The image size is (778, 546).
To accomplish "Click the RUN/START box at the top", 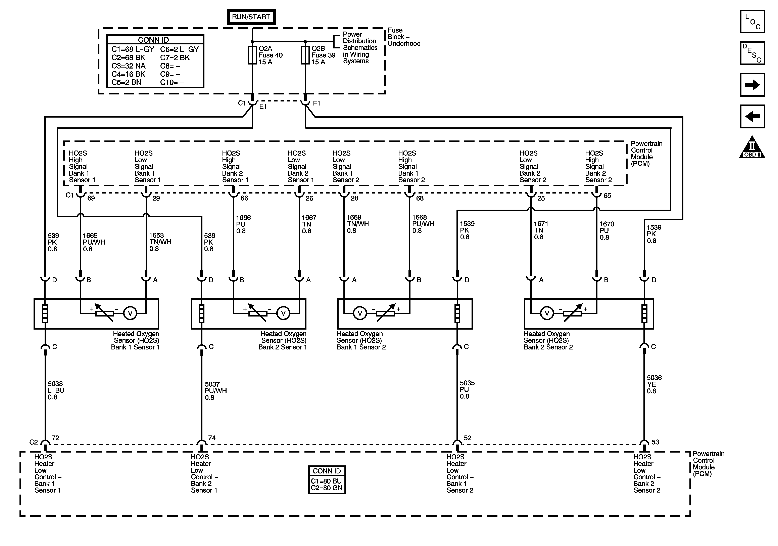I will [x=251, y=17].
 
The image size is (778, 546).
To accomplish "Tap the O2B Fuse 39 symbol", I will [x=305, y=55].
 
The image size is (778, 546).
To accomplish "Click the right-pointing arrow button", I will [x=752, y=85].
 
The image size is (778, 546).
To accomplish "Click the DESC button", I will [x=752, y=53].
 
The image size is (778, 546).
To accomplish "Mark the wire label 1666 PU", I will [x=243, y=224].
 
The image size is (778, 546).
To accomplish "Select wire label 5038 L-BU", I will [x=56, y=390].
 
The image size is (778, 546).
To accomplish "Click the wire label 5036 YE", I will [x=654, y=384].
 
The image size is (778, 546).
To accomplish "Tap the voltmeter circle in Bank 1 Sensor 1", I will [x=130, y=313].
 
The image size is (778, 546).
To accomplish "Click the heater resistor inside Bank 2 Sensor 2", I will [x=644, y=313].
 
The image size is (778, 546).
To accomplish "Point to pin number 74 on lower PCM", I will [x=212, y=438].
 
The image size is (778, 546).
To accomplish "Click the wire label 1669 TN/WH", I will [x=357, y=224].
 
